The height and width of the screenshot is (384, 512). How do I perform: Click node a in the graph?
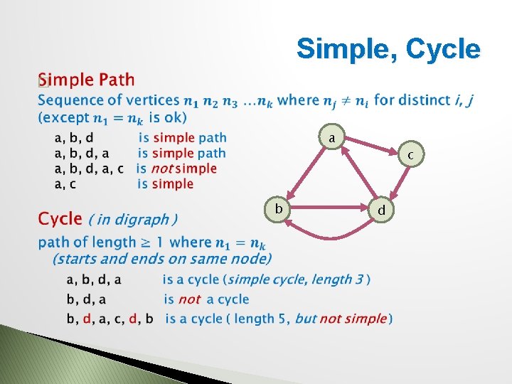[332, 137]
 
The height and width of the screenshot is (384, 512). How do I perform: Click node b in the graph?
[279, 208]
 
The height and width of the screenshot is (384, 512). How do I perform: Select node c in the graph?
[410, 154]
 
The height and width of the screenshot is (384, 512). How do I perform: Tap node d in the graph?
[382, 210]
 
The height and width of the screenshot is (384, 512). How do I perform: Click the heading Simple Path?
[86, 79]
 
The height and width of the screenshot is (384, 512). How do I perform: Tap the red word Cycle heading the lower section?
[60, 218]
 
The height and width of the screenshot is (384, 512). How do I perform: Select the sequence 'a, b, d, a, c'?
[89, 169]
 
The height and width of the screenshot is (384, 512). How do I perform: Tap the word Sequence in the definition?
[70, 100]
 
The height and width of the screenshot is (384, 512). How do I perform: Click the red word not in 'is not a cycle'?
[189, 299]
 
